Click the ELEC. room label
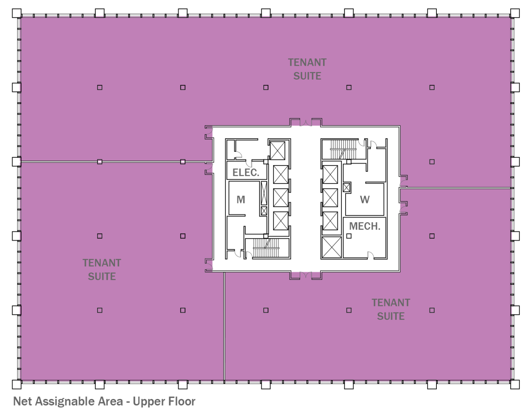[x=246, y=173]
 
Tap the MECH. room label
[x=364, y=226]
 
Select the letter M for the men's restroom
[x=241, y=200]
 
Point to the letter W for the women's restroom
[x=364, y=200]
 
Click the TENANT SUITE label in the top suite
[x=307, y=69]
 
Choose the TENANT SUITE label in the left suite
[x=102, y=270]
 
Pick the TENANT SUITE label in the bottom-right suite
[x=391, y=309]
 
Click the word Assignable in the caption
[x=79, y=401]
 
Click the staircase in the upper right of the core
[x=343, y=149]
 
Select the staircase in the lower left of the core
[x=266, y=248]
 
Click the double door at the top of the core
[x=305, y=123]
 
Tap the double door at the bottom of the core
[x=305, y=275]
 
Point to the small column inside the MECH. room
[x=349, y=236]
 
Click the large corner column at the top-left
[x=17, y=13]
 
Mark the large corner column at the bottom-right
[x=515, y=384]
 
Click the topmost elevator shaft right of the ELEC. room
[x=277, y=150]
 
